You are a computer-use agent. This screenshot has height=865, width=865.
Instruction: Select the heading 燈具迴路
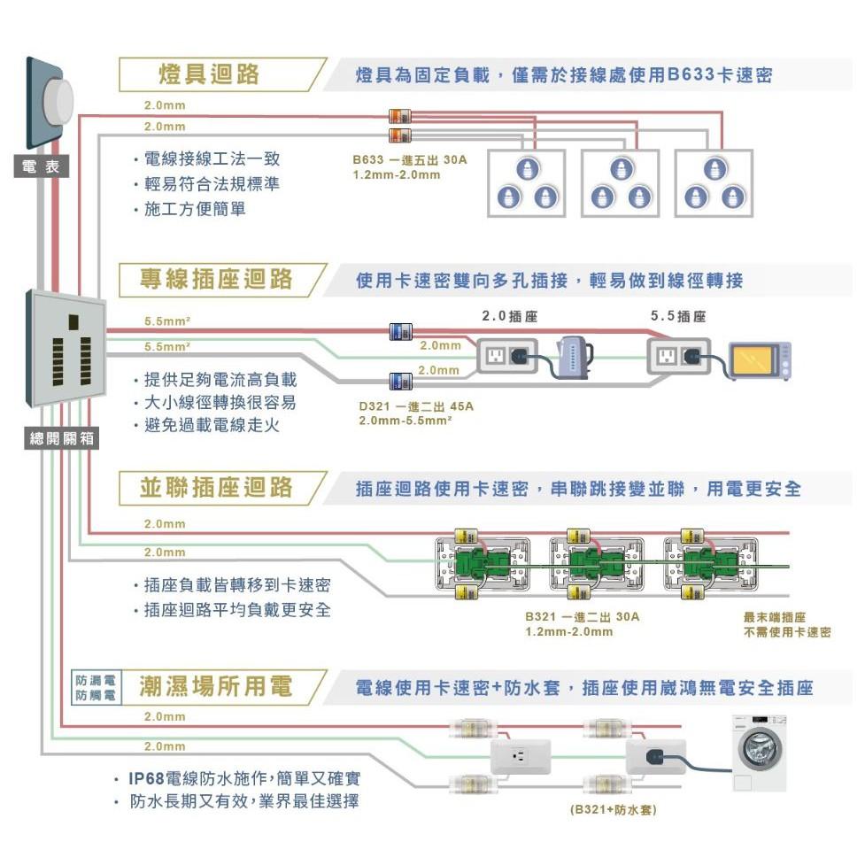[210, 74]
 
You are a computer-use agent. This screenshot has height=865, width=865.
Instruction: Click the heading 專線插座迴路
[217, 281]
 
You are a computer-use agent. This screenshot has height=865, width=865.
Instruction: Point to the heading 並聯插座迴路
[217, 488]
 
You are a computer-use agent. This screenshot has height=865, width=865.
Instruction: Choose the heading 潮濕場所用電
[217, 686]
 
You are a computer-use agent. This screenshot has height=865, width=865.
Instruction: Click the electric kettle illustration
[573, 357]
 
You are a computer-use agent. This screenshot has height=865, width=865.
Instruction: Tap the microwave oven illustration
[760, 360]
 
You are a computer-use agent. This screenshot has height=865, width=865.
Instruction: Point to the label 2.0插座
[509, 316]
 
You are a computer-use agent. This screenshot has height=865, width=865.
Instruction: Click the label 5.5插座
[678, 316]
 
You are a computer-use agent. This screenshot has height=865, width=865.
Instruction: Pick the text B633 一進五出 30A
[408, 161]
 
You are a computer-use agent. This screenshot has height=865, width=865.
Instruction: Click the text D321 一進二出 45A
[416, 406]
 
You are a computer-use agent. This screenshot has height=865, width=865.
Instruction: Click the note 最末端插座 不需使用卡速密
[787, 624]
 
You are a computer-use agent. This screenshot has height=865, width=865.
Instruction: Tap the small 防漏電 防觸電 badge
[95, 688]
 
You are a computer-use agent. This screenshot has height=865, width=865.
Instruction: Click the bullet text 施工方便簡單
[195, 210]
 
